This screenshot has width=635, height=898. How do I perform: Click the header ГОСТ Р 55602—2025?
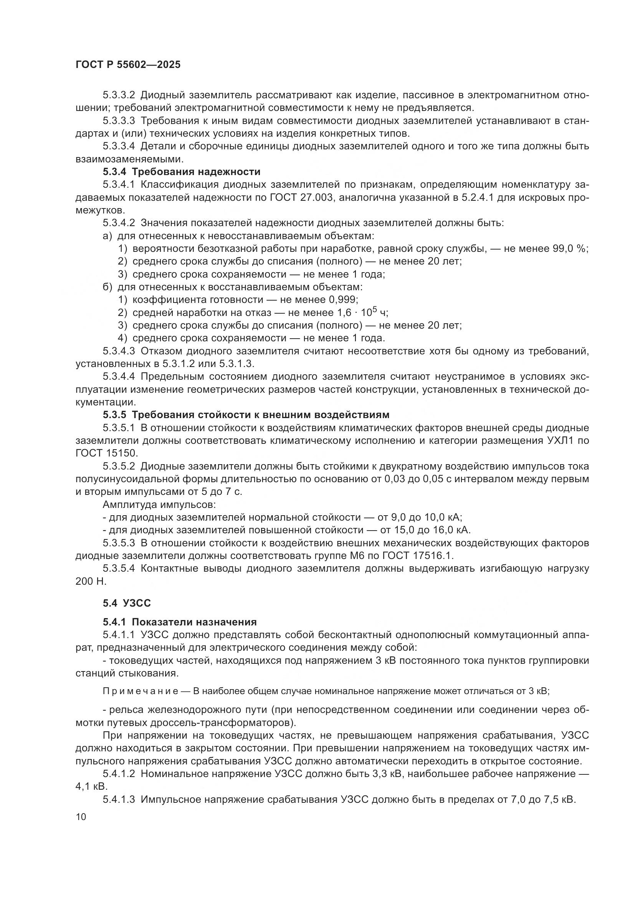click(128, 65)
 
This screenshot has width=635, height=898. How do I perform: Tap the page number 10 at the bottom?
click(81, 817)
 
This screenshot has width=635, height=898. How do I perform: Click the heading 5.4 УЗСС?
click(127, 603)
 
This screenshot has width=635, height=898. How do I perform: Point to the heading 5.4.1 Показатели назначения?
click(179, 622)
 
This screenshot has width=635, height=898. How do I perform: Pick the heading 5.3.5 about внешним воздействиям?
click(246, 415)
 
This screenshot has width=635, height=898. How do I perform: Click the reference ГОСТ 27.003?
click(301, 197)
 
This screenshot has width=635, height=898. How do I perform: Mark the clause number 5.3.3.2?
click(119, 95)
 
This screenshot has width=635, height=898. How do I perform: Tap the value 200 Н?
click(91, 581)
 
